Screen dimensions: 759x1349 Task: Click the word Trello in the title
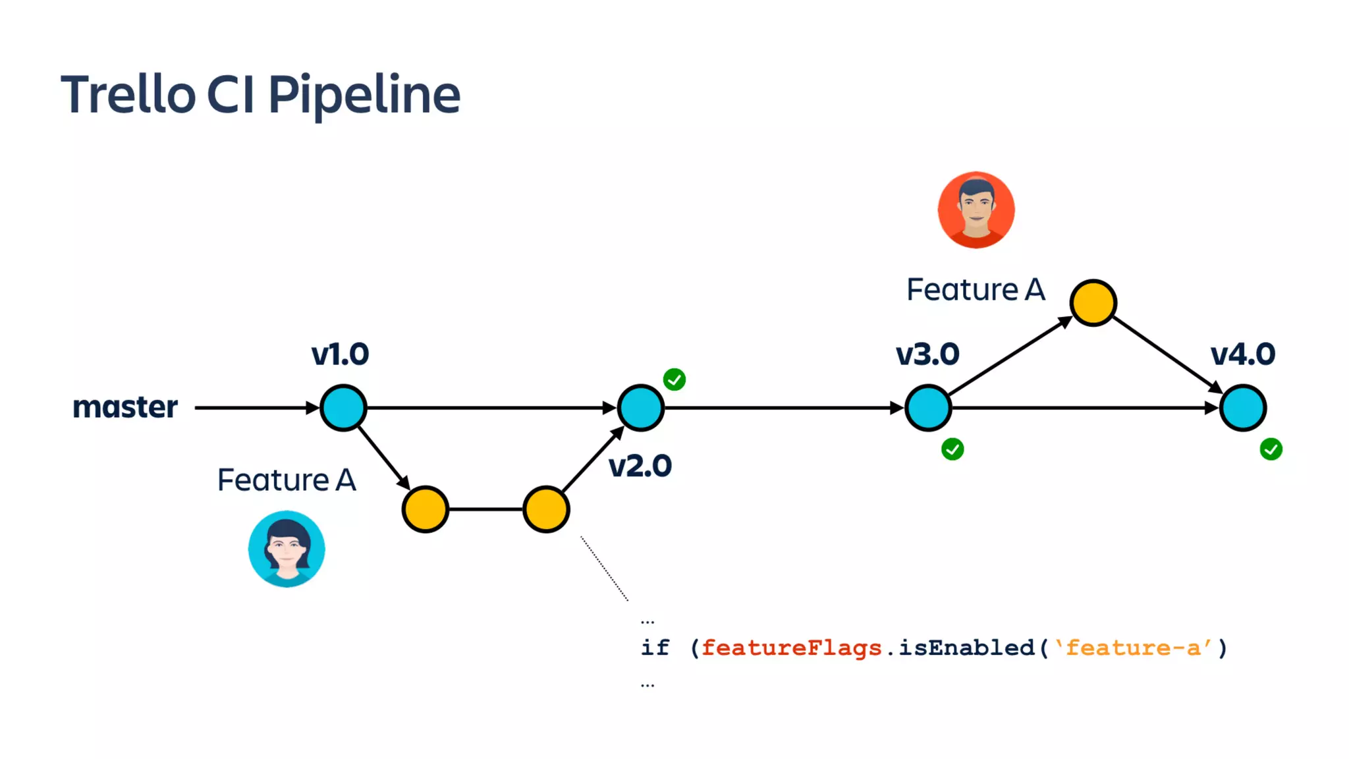128,95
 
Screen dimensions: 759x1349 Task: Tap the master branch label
125,407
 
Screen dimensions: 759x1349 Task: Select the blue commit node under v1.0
343,408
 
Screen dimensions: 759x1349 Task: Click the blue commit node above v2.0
641,408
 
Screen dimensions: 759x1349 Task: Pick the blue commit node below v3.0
928,408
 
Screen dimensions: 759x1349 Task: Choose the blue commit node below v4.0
1243,408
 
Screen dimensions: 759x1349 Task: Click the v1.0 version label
340,354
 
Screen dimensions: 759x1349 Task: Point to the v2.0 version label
640,466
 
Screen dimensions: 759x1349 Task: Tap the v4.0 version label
1243,354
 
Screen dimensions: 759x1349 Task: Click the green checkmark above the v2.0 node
674,379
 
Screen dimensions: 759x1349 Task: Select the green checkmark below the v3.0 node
952,449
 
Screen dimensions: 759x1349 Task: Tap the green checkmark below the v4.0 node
1271,449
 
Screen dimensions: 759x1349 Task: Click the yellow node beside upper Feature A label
1093,303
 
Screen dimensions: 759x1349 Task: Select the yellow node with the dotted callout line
546,509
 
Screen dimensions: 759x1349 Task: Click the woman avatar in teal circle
287,549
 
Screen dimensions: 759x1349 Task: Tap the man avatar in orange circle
976,210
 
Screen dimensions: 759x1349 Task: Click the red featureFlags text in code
791,648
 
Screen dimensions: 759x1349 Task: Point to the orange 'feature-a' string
1133,648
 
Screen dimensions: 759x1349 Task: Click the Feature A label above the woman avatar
287,480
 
